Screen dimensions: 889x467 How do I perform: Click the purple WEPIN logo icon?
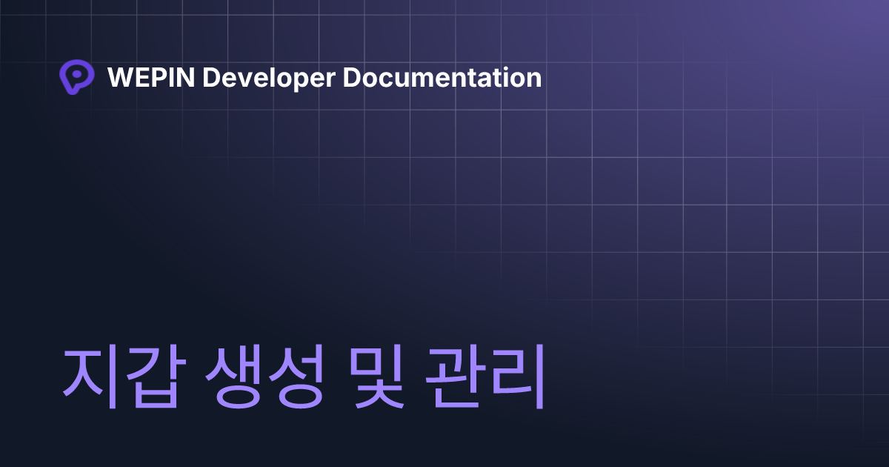pyautogui.click(x=76, y=76)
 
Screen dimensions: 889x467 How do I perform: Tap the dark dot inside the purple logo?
pyautogui.click(x=77, y=74)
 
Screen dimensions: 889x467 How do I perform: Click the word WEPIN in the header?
pyautogui.click(x=151, y=77)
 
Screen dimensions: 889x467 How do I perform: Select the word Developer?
pyautogui.click(x=269, y=79)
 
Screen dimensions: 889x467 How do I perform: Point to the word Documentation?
pyautogui.click(x=442, y=77)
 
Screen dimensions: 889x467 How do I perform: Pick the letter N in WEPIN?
pyautogui.click(x=186, y=77)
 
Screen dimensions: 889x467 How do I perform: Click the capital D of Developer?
pyautogui.click(x=211, y=77)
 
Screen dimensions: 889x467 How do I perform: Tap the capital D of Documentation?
pyautogui.click(x=352, y=77)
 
